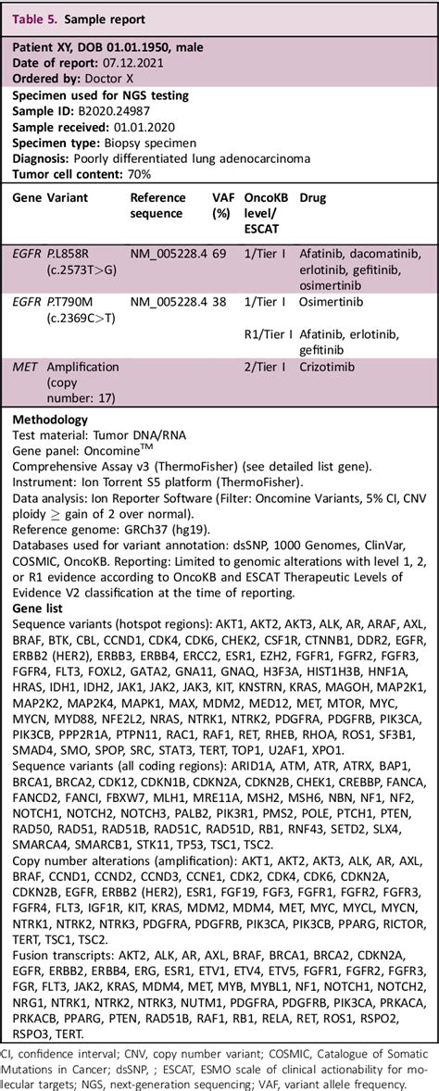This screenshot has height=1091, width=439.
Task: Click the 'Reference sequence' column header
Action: click(x=158, y=205)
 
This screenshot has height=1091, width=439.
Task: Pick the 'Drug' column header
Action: click(x=312, y=198)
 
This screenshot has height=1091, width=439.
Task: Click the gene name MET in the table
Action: click(x=25, y=367)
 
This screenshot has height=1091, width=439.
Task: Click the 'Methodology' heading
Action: click(x=50, y=420)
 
